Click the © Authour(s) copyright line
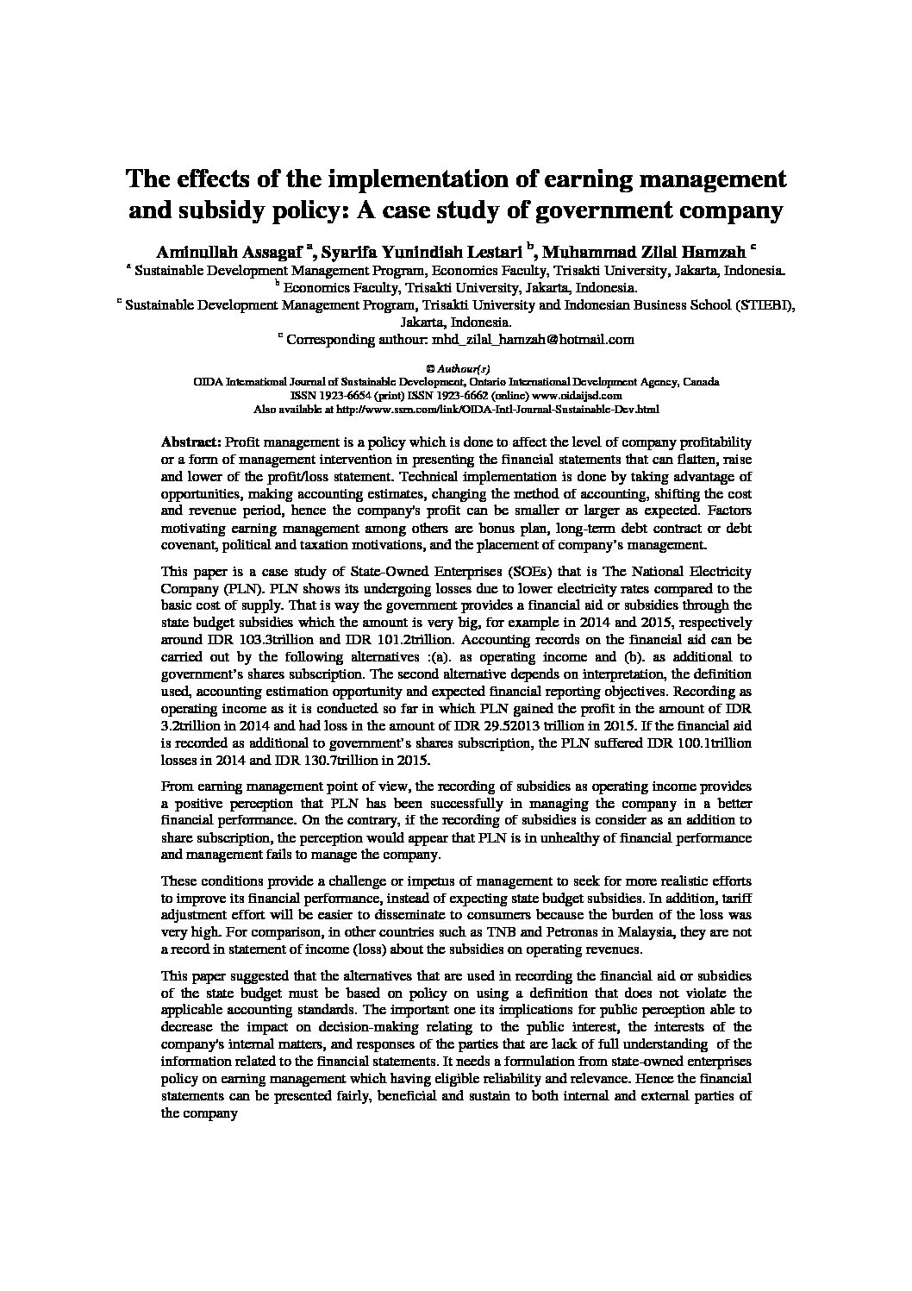(x=457, y=367)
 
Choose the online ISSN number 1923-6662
(x=448, y=395)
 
